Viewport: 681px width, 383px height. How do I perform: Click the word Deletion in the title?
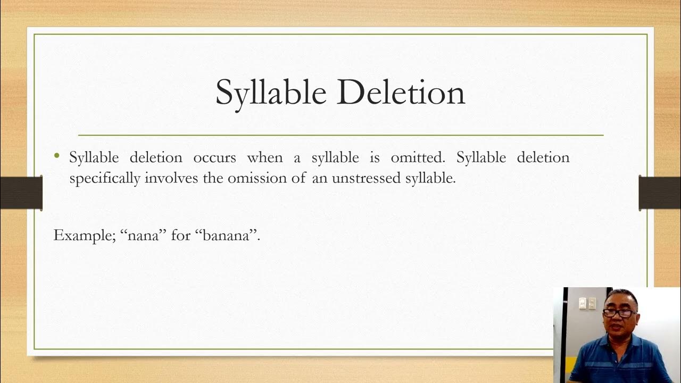tap(401, 92)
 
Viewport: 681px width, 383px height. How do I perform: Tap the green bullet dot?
tap(57, 156)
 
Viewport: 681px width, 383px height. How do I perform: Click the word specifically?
tap(105, 179)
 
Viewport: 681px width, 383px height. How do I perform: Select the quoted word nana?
tap(144, 236)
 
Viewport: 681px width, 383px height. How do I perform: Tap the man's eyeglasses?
tap(618, 313)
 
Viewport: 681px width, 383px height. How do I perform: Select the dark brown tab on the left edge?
tap(21, 192)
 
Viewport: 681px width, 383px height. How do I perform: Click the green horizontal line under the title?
tap(340, 135)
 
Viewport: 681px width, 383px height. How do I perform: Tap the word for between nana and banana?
tap(181, 236)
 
